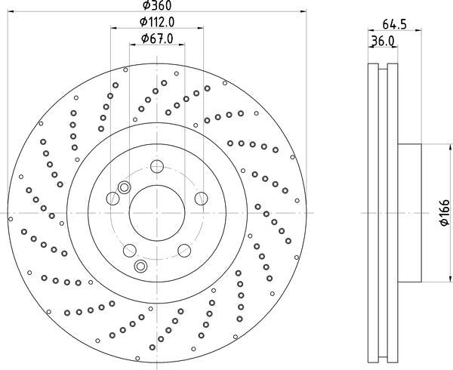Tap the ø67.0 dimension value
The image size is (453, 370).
point(157,39)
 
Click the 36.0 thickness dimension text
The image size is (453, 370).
point(383,42)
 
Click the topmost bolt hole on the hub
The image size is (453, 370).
point(156,167)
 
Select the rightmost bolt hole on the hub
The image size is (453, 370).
point(201,198)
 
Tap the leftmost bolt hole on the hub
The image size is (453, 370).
point(112,199)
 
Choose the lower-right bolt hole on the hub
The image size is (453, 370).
point(184,251)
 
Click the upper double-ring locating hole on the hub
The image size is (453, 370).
point(125,187)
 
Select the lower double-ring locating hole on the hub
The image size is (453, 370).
point(140,266)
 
